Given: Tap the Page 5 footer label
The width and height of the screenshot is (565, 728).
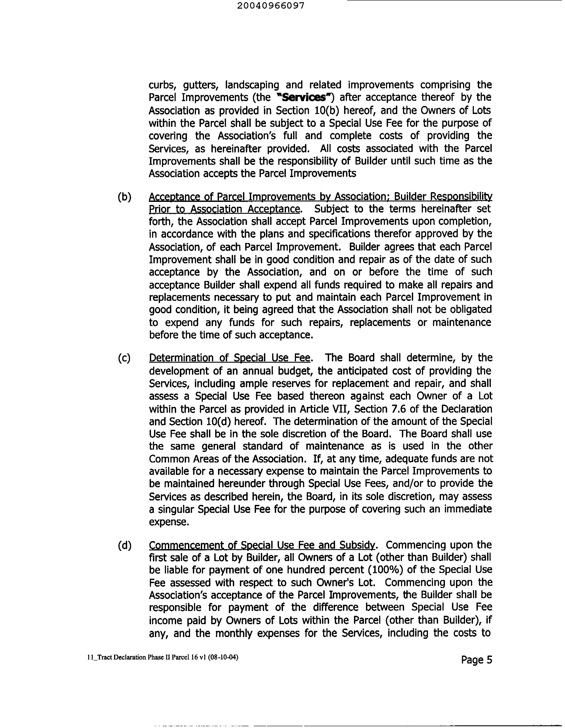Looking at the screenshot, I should (x=476, y=660).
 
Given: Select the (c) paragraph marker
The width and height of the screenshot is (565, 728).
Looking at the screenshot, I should (x=124, y=358).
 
